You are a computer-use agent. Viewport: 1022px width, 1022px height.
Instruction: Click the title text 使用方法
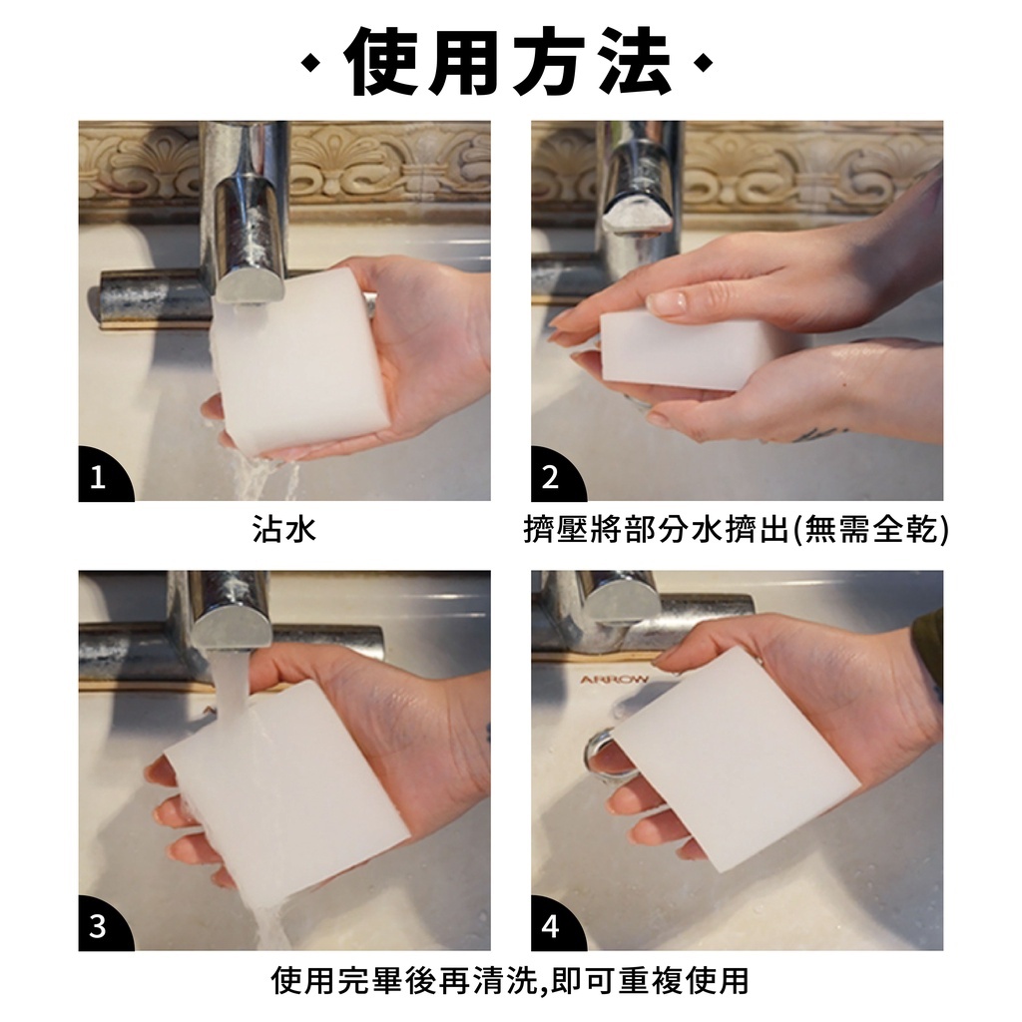[510, 63]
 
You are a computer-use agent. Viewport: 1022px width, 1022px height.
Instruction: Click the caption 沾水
[284, 529]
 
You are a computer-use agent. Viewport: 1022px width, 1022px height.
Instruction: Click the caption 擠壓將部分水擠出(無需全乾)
[737, 530]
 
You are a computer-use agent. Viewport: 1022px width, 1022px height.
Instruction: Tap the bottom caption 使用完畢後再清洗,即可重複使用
[510, 980]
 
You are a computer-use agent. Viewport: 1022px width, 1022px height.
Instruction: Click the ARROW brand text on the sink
[615, 680]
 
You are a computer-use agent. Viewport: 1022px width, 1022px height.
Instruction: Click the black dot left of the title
[312, 63]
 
